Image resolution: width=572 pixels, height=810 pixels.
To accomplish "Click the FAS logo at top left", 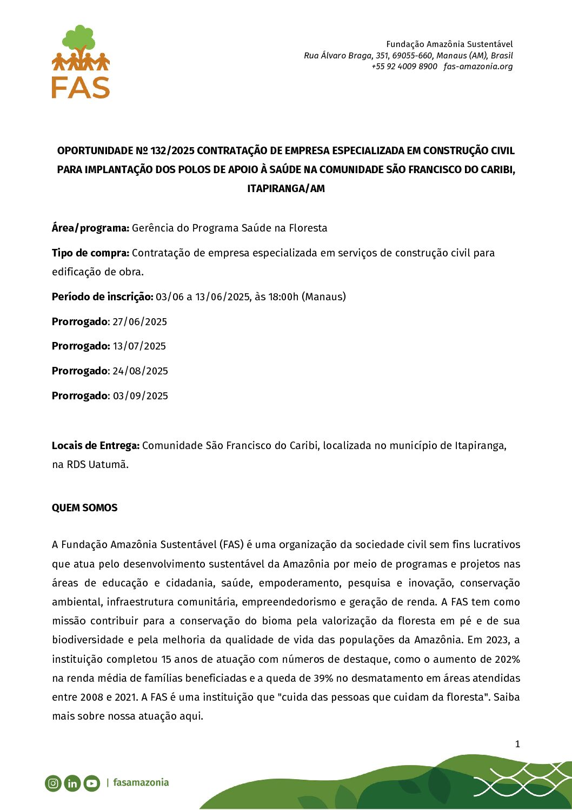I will (x=81, y=62).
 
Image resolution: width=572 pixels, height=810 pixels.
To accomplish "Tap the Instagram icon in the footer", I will (x=53, y=783).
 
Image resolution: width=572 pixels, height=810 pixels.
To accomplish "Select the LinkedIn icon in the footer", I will (x=72, y=783).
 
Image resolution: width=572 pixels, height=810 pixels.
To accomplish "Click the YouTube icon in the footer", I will (x=92, y=783).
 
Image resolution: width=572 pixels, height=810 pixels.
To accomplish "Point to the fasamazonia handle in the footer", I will (x=141, y=782).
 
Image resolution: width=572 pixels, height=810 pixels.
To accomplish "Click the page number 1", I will (x=517, y=744).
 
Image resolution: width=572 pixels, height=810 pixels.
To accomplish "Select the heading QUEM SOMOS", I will (x=84, y=508).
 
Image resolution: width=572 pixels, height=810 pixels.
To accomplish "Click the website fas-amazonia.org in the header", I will (x=478, y=67).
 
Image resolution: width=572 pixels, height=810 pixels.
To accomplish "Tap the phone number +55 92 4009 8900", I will (x=404, y=67).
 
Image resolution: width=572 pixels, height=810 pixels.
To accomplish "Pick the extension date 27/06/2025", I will (x=139, y=321).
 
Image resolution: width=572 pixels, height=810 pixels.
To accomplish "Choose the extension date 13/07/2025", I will (x=139, y=346).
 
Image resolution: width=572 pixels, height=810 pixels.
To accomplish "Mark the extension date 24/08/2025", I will (x=140, y=371).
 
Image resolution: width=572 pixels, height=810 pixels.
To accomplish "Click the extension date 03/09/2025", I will (x=140, y=396).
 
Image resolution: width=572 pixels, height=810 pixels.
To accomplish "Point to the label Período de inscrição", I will (x=102, y=297).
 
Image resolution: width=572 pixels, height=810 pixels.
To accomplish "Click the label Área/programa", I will (x=90, y=228).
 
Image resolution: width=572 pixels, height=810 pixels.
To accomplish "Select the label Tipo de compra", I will (x=90, y=253).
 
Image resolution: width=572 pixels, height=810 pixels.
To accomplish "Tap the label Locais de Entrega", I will (x=95, y=445).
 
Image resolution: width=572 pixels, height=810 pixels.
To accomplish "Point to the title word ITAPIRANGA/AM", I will (x=286, y=188).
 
